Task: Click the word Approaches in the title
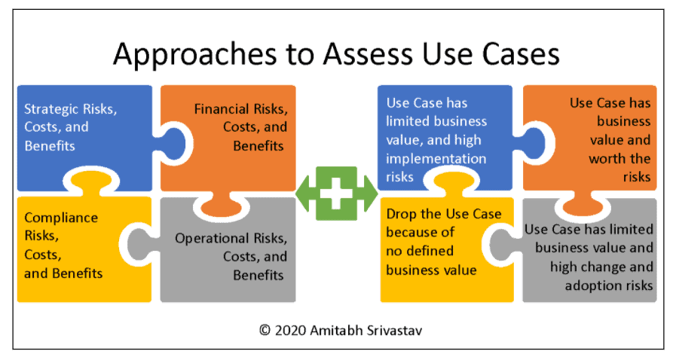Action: (x=194, y=55)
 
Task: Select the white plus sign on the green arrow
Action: (x=336, y=194)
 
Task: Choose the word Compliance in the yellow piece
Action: (x=61, y=218)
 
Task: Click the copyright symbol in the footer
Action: (x=265, y=331)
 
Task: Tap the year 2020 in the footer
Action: (x=291, y=331)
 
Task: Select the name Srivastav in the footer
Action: (x=394, y=331)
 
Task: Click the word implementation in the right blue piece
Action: (x=436, y=159)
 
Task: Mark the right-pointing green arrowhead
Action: (x=370, y=194)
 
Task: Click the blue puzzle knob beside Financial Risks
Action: (x=173, y=144)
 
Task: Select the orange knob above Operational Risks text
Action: (x=221, y=205)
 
